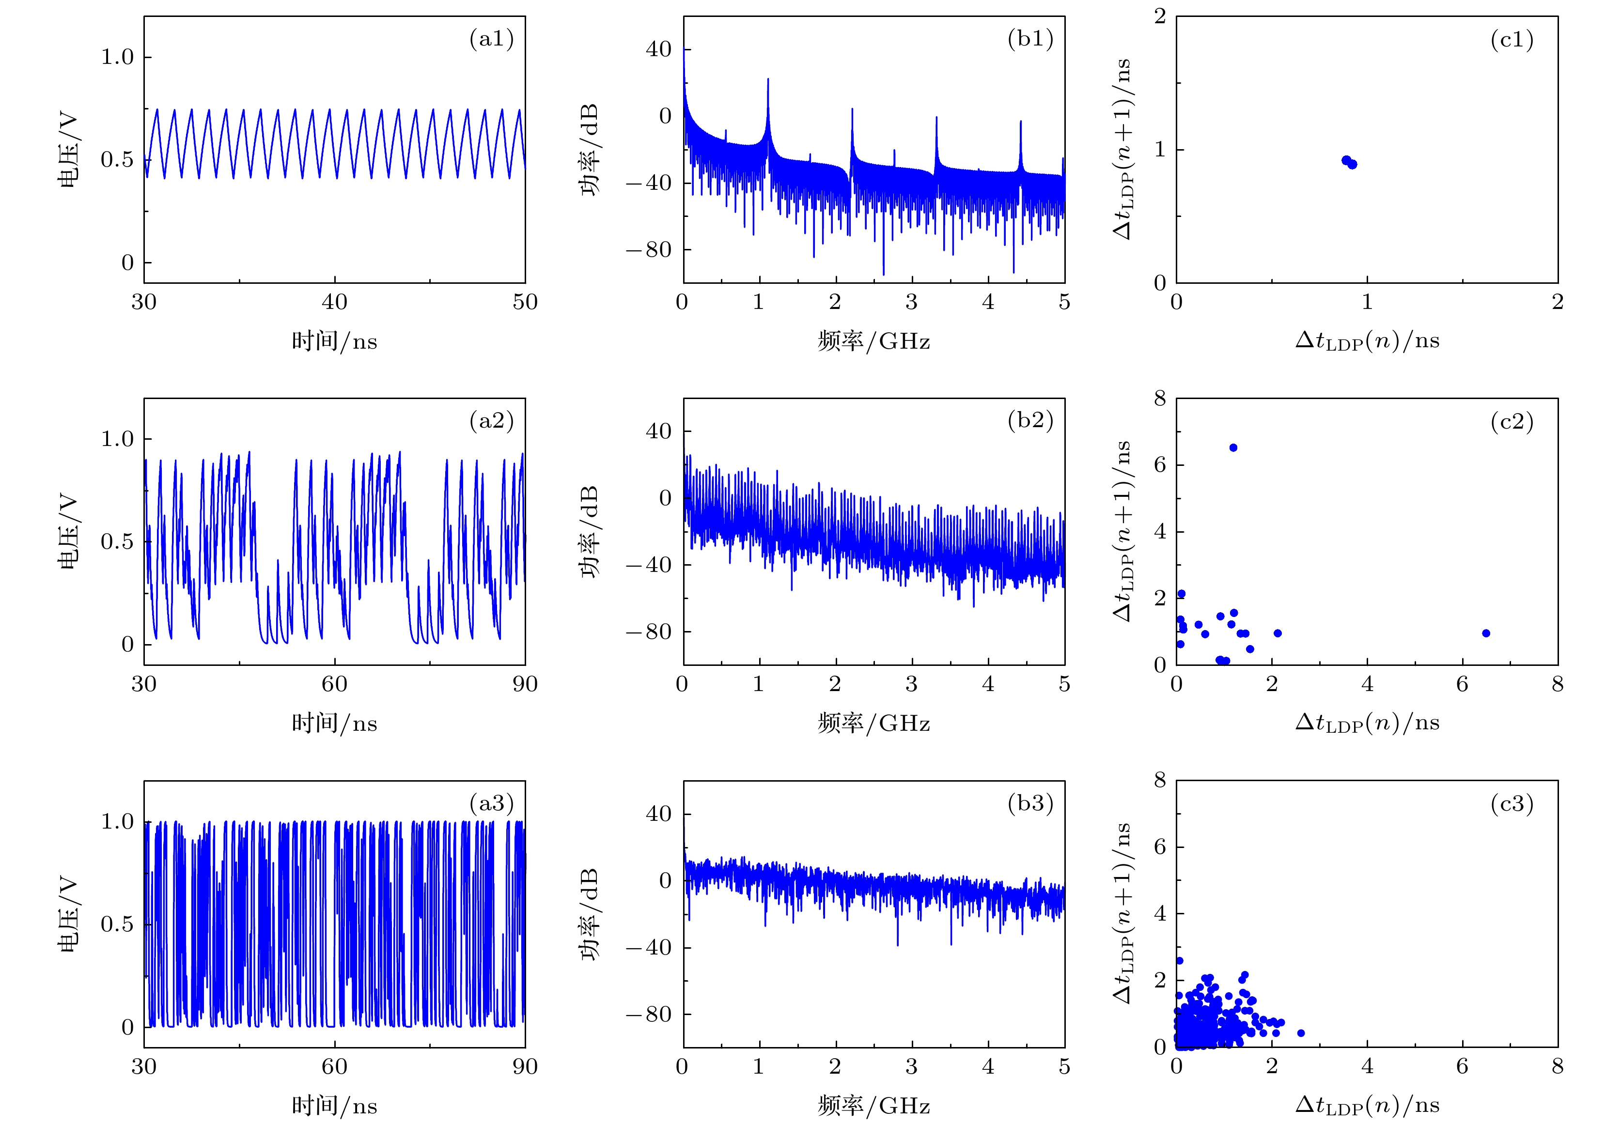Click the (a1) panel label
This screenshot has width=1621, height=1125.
[491, 39]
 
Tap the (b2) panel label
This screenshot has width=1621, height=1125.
[1030, 421]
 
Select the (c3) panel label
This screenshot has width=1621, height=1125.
[1512, 803]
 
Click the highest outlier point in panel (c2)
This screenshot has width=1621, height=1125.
[1233, 447]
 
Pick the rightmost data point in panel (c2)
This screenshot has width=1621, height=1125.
[1486, 633]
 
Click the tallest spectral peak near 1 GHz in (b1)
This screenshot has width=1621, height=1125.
[768, 79]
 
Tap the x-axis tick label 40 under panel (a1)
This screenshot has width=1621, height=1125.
[334, 302]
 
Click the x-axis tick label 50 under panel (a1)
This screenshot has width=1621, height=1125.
[525, 302]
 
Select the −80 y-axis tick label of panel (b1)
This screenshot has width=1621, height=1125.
[649, 249]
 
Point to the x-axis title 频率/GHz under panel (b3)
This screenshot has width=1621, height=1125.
[873, 1105]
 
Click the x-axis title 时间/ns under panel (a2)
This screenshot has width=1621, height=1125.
[334, 723]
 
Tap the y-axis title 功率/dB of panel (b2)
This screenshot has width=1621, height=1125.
[590, 532]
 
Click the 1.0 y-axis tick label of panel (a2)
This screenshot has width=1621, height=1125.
[117, 439]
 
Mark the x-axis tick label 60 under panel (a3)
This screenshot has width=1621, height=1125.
[334, 1066]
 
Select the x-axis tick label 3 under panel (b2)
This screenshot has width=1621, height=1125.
[912, 684]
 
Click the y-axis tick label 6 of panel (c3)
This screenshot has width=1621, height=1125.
[1160, 847]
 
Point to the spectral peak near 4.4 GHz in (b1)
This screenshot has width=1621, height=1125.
[1020, 122]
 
